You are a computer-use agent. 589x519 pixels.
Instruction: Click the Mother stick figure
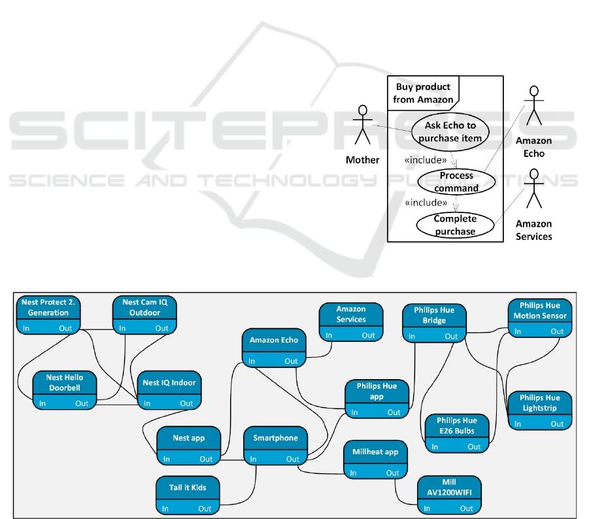click(x=362, y=125)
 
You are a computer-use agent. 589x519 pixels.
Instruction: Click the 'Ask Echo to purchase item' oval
click(x=450, y=132)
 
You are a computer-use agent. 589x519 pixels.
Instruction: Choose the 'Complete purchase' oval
click(x=455, y=225)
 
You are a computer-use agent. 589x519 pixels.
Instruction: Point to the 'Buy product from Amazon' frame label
click(x=423, y=93)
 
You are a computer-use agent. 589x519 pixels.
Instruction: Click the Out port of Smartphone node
click(x=293, y=459)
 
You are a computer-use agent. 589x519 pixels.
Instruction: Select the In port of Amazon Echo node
click(x=251, y=361)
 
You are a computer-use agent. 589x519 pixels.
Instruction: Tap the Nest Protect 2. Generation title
click(x=48, y=307)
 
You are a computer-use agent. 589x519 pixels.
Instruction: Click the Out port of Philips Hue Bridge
click(x=452, y=337)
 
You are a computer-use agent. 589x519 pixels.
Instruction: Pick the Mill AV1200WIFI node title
click(x=448, y=488)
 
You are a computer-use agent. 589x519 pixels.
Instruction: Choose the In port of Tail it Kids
click(x=165, y=509)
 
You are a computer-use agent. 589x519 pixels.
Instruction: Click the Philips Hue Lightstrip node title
click(x=539, y=402)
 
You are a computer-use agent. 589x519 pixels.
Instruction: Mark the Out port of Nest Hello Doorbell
click(x=82, y=403)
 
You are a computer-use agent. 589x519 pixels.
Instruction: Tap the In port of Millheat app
click(x=353, y=473)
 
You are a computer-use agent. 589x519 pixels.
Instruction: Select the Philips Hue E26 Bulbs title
click(x=457, y=426)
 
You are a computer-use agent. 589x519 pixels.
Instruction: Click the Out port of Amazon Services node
click(x=369, y=335)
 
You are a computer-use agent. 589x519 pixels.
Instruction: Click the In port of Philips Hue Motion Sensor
click(x=517, y=331)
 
